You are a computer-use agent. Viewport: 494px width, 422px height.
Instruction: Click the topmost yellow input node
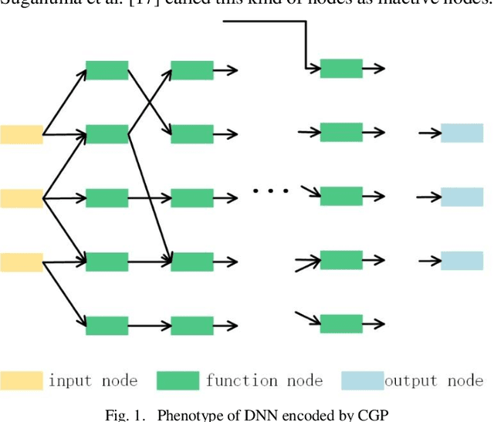[x=22, y=134]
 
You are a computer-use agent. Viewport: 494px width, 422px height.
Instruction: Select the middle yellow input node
[x=22, y=198]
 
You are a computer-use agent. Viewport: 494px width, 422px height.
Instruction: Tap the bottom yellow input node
[x=22, y=262]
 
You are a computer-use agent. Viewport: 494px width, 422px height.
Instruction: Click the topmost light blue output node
[x=462, y=133]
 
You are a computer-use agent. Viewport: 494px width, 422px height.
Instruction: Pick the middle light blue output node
[x=462, y=197]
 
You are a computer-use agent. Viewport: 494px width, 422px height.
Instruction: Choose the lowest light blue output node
[x=462, y=261]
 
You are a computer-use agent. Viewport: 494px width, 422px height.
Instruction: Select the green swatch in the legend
[x=178, y=380]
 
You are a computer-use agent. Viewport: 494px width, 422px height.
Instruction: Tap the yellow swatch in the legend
[x=22, y=380]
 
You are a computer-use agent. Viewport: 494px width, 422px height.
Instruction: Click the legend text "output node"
[x=433, y=380]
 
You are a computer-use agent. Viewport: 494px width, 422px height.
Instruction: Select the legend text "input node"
[x=93, y=380]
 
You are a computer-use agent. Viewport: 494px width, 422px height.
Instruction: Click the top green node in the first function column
[x=107, y=70]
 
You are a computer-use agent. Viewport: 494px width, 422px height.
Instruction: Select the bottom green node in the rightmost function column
[x=341, y=323]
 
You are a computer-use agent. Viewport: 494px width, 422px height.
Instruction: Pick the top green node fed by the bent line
[x=341, y=69]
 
